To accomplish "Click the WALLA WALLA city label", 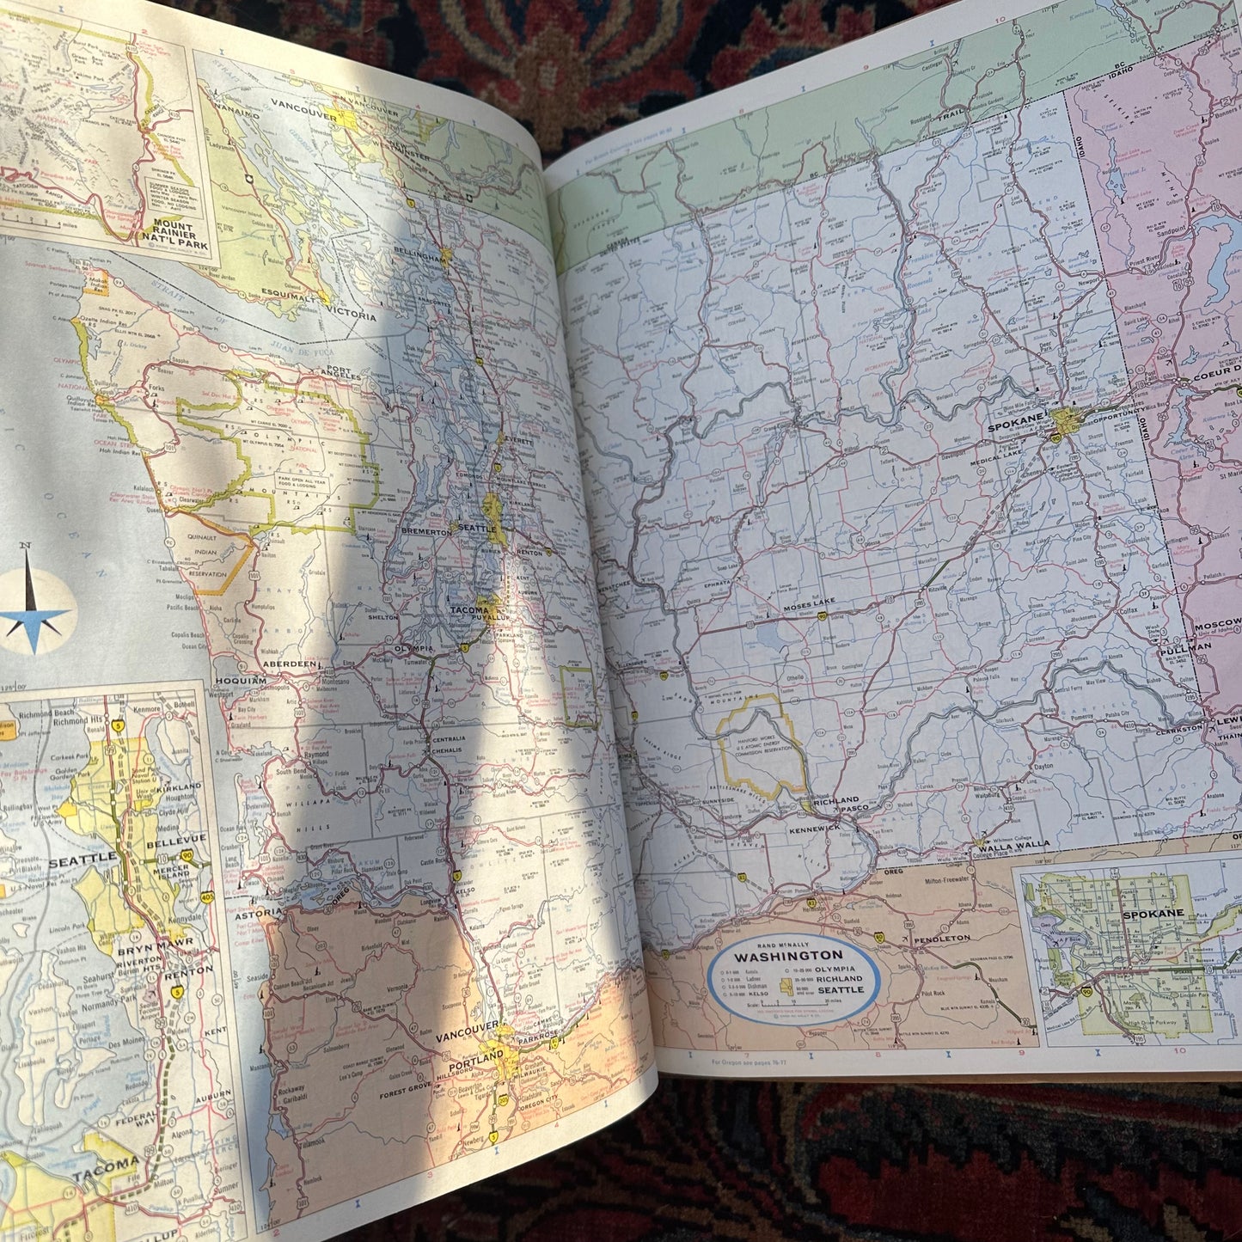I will [1013, 845].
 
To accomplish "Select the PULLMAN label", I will [1185, 649].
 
